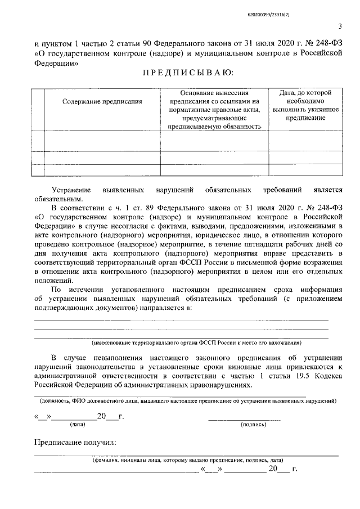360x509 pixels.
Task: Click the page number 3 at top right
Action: pos(340,25)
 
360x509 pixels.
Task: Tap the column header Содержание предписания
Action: pos(102,102)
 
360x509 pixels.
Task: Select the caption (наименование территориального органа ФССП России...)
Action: pos(196,343)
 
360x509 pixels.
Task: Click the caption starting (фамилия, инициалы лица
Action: pos(188,460)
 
